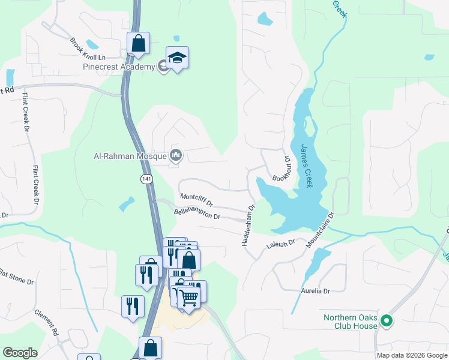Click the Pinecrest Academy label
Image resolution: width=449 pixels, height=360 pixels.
[x=118, y=67]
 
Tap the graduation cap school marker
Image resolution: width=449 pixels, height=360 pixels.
[x=177, y=58]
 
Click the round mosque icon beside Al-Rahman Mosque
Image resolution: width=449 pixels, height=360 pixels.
[x=176, y=156]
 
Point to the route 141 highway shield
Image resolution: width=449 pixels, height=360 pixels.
[x=147, y=179]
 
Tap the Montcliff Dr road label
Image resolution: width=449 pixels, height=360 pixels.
[x=196, y=200]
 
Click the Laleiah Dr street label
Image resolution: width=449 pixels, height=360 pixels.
[x=281, y=244]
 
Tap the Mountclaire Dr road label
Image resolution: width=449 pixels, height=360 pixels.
[x=319, y=230]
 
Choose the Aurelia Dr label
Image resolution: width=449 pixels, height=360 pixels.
[x=316, y=291]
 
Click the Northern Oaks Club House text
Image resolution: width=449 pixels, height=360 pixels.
[x=351, y=322]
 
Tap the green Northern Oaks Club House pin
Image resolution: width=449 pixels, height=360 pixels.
[x=387, y=322]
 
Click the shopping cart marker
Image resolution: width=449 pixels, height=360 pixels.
[x=189, y=297]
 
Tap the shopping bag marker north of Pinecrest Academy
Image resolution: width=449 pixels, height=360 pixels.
[x=138, y=43]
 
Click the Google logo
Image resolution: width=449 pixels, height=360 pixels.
[x=20, y=353]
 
